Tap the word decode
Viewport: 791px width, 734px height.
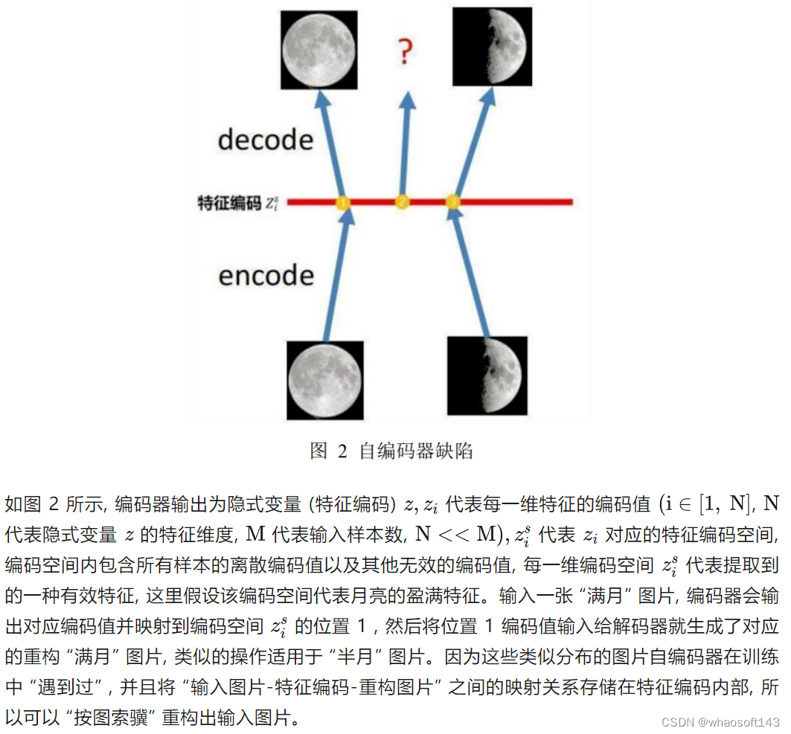pyautogui.click(x=265, y=139)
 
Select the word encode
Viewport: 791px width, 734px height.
pyautogui.click(x=266, y=275)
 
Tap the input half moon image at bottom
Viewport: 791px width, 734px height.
pyautogui.click(x=488, y=376)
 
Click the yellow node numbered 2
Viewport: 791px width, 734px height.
pyautogui.click(x=402, y=202)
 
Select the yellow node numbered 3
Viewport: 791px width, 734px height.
pyautogui.click(x=452, y=202)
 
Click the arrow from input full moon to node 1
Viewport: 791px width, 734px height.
pyautogui.click(x=335, y=275)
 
